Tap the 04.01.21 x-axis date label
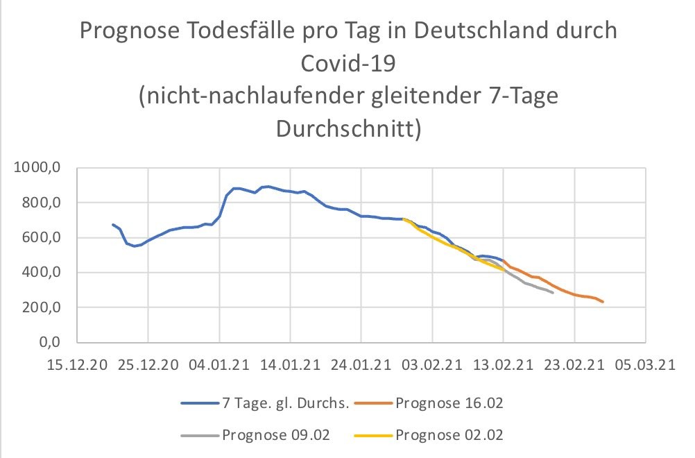coord(218,365)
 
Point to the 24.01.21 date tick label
coord(361,365)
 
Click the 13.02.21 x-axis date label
coord(503,365)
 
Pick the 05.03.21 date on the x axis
coord(645,365)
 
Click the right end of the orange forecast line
coord(603,302)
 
